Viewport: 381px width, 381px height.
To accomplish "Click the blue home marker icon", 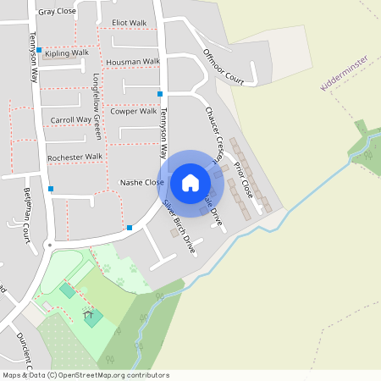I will coord(190,182).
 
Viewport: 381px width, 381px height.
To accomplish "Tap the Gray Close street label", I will coord(57,13).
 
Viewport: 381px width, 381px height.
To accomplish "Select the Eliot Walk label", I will coord(129,23).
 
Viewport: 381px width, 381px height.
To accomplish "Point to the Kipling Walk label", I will coord(68,52).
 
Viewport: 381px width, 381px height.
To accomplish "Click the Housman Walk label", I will coord(133,62).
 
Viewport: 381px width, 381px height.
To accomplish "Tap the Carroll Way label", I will coord(70,120).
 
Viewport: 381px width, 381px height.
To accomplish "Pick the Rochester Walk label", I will coord(75,157).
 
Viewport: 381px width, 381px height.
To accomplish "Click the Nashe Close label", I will coord(141,182).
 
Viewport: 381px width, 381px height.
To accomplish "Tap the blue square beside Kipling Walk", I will coord(39,50).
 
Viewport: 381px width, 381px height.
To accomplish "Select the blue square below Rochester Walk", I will coord(51,188).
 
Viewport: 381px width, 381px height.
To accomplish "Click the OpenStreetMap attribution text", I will coord(85,375).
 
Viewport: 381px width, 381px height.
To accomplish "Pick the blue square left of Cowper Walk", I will coord(159,93).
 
